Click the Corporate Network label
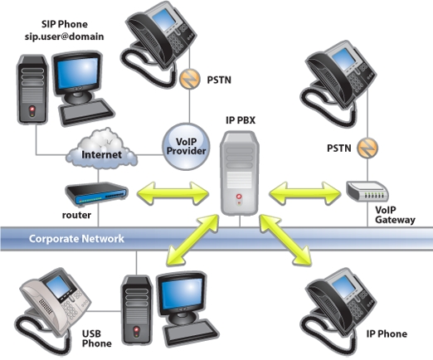click(x=76, y=239)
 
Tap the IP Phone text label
click(x=387, y=333)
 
